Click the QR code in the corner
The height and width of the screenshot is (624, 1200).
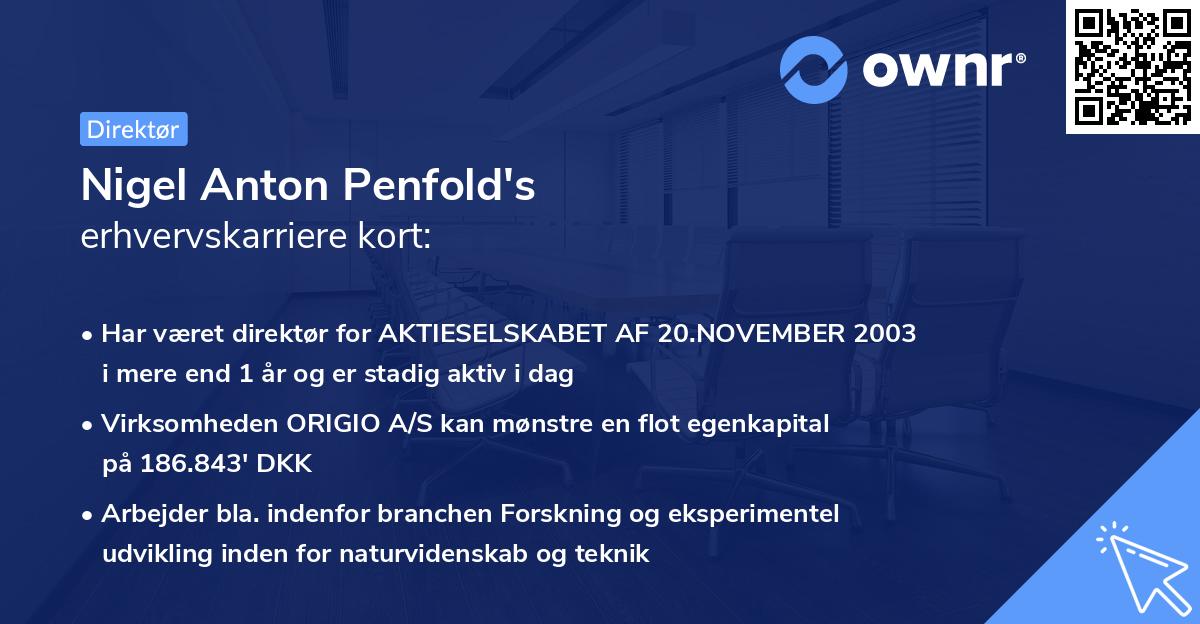pyautogui.click(x=1132, y=67)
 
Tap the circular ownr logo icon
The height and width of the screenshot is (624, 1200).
pyautogui.click(x=814, y=70)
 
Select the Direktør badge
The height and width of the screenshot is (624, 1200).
pyautogui.click(x=133, y=129)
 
